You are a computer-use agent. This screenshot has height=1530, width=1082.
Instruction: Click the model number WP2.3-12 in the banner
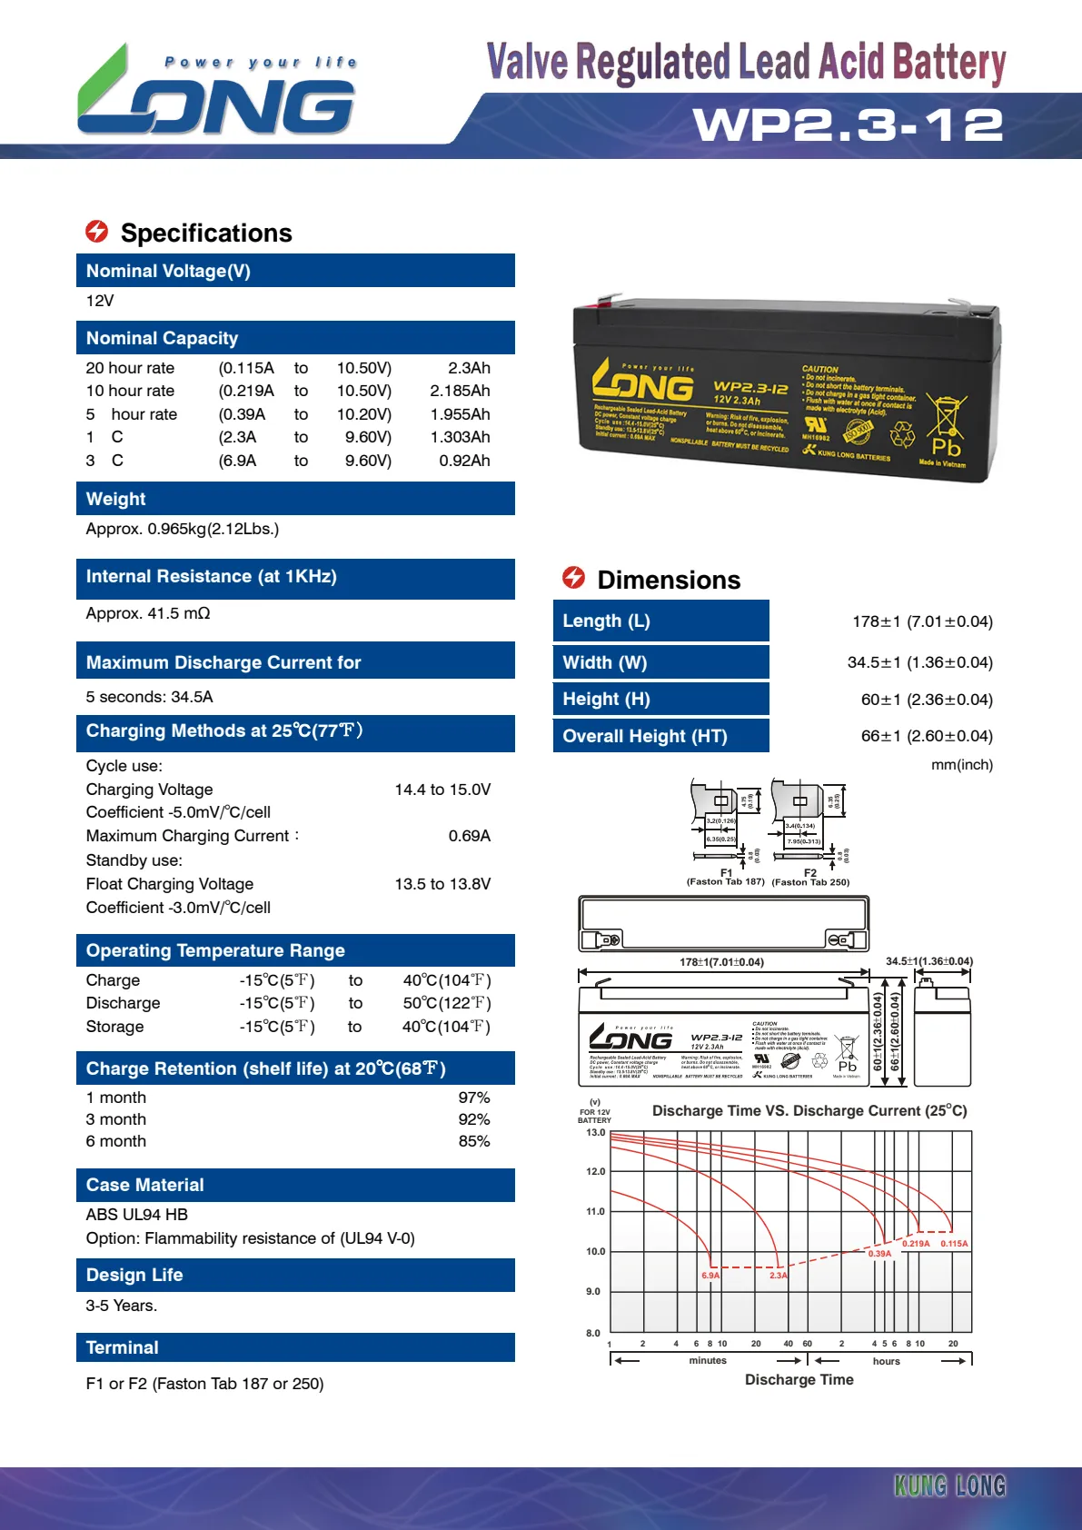[849, 125]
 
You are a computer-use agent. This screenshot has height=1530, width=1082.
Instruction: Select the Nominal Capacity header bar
[295, 338]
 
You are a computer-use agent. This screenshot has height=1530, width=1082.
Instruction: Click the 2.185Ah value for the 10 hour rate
[460, 391]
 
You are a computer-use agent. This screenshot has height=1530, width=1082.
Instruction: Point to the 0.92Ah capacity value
[464, 461]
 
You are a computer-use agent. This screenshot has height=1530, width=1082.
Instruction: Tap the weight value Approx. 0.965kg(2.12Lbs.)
[183, 529]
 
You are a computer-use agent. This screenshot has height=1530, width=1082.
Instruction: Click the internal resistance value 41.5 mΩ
[148, 613]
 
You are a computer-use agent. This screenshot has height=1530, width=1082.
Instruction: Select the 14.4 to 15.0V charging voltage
[442, 790]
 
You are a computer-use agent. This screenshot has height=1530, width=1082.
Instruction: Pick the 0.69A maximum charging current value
[469, 836]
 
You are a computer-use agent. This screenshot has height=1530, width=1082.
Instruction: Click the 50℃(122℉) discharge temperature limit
[446, 1003]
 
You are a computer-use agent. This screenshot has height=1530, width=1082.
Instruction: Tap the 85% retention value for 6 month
[473, 1141]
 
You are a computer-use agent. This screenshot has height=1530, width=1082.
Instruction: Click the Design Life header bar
[295, 1275]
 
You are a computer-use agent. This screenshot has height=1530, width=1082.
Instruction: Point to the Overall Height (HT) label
[645, 736]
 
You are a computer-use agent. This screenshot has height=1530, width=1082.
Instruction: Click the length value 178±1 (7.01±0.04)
[922, 621]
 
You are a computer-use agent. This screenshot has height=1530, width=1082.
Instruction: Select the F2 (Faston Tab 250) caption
[810, 878]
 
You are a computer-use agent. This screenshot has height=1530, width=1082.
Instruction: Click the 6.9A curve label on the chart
[710, 1276]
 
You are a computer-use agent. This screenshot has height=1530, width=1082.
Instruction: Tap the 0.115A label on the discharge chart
[954, 1244]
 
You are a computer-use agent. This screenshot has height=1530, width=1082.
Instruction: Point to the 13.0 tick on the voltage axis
[595, 1133]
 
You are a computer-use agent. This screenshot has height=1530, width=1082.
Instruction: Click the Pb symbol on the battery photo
[946, 448]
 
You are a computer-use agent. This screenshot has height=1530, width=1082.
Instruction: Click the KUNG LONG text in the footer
[949, 1485]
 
